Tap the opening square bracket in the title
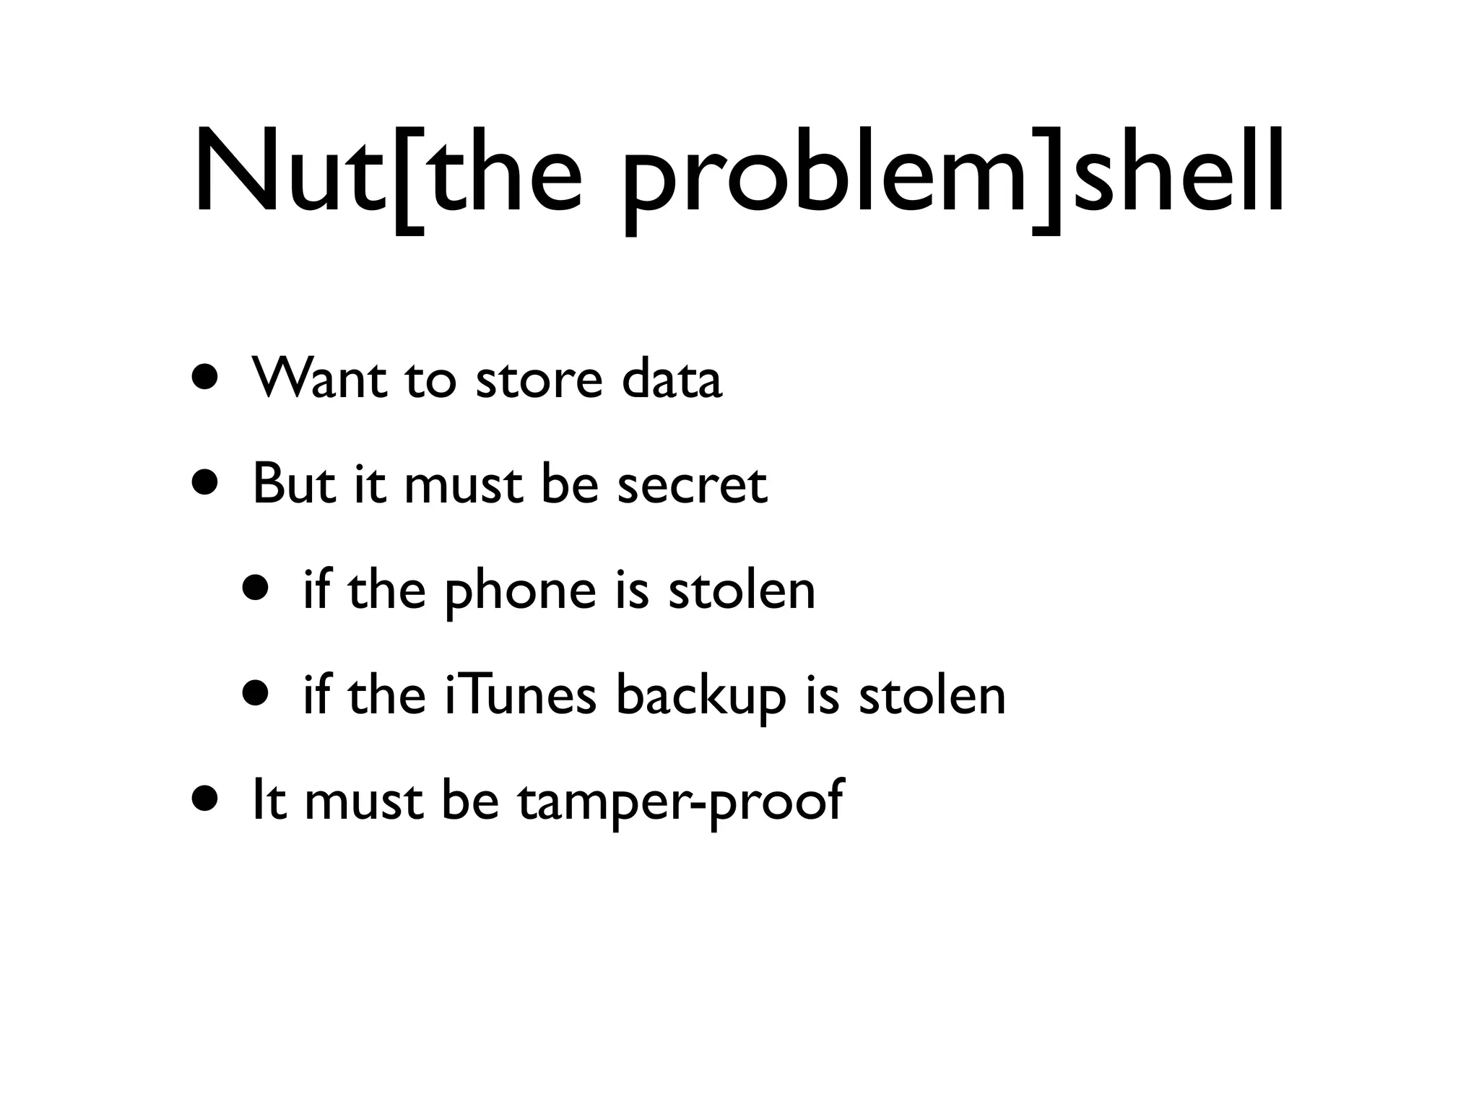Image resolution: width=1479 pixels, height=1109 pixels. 409,181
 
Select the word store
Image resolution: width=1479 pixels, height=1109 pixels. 539,380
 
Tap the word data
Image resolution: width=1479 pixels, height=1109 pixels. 672,378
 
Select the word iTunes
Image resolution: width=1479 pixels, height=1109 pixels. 520,696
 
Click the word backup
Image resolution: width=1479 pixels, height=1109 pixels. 701,697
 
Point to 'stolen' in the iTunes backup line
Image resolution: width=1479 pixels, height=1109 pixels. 932,696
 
